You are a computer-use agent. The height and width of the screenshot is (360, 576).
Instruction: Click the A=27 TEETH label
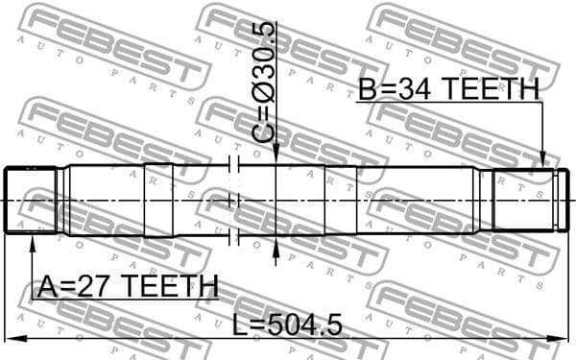127,286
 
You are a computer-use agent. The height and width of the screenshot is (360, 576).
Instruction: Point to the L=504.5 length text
287,325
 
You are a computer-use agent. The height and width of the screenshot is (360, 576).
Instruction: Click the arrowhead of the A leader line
32,240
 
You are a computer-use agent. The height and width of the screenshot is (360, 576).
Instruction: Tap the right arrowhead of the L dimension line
565,338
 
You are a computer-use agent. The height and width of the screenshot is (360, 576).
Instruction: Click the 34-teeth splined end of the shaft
523,200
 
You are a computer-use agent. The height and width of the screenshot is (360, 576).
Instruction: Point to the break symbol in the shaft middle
232,200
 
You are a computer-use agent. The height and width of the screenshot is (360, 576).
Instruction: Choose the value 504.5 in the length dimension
304,325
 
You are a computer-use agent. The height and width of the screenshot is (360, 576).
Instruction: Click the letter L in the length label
241,325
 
